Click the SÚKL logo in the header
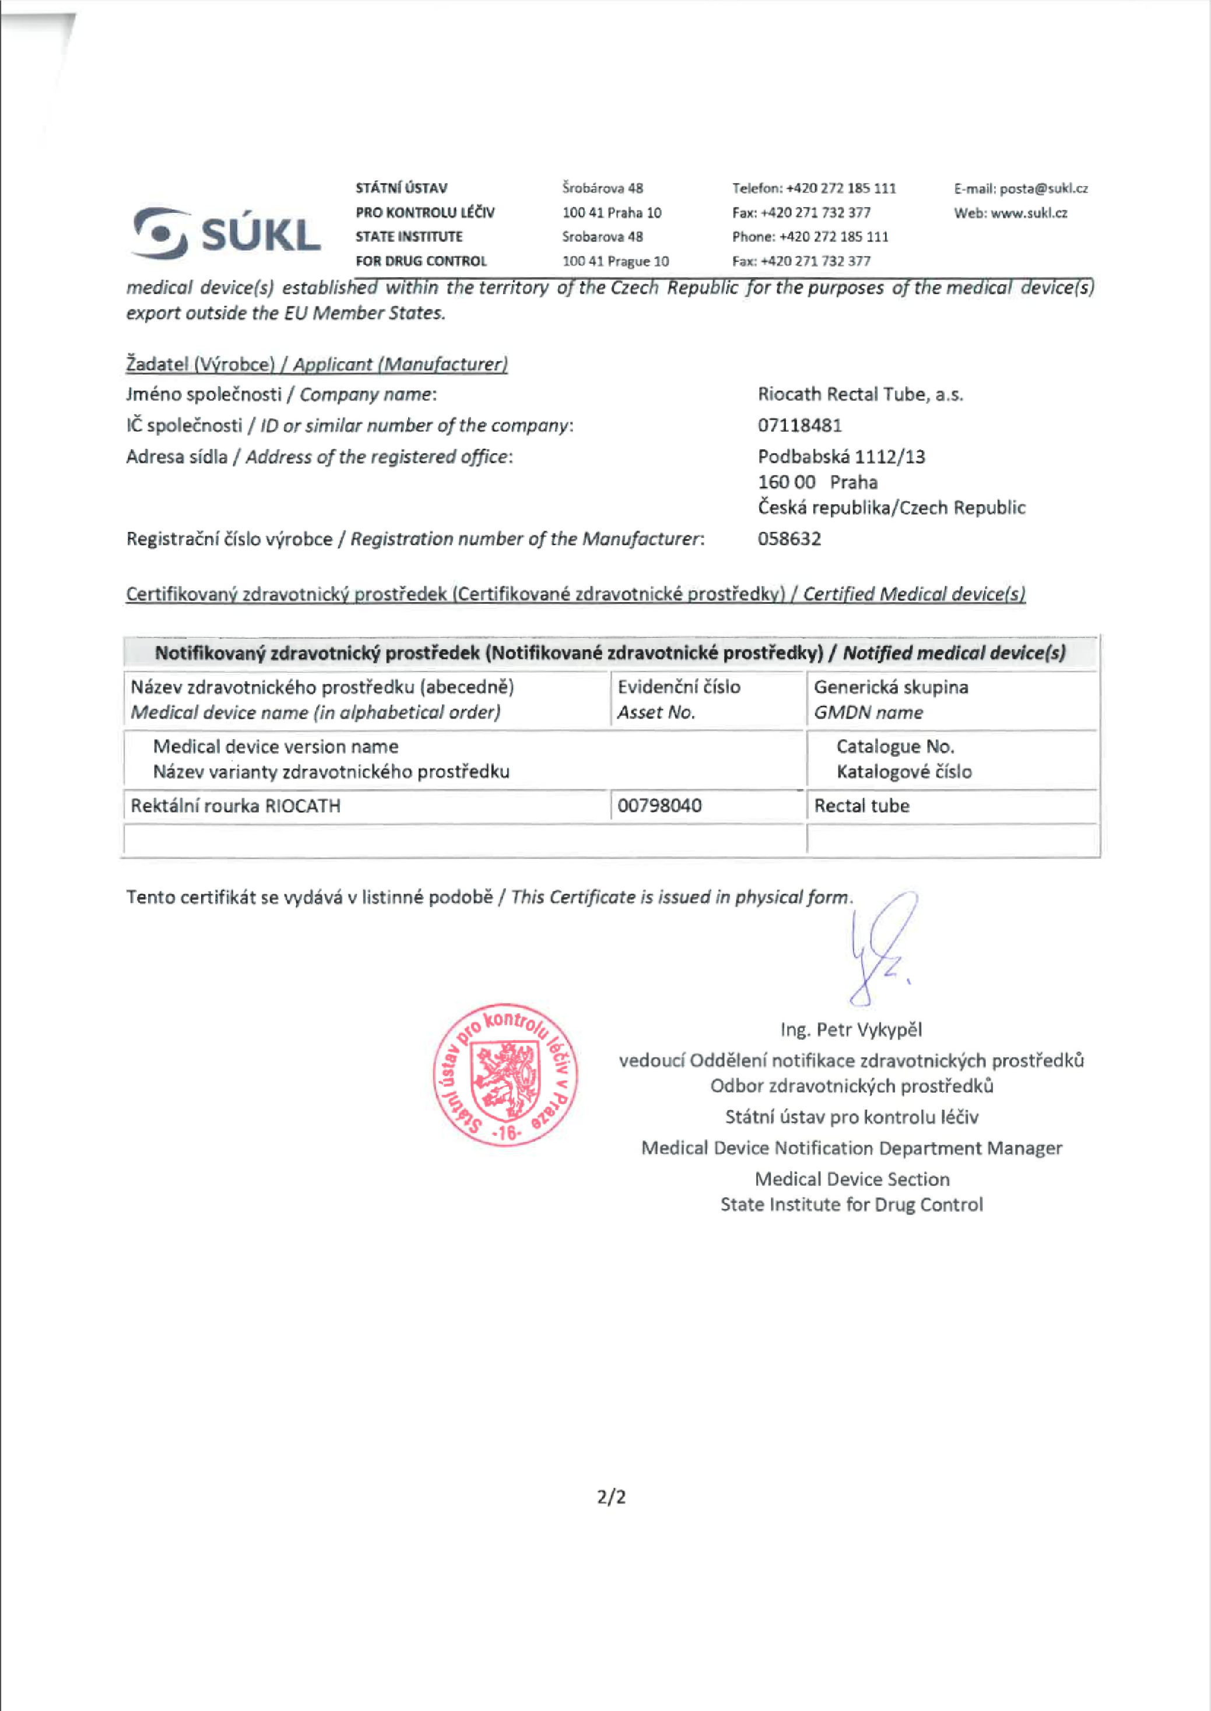(227, 233)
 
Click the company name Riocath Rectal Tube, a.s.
(860, 394)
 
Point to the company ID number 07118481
(799, 426)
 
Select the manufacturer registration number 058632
(789, 538)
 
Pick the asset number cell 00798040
(659, 806)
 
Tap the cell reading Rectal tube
(861, 806)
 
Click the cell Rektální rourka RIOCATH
(236, 806)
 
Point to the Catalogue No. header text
(895, 747)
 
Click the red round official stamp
(506, 1074)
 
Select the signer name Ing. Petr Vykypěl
(851, 1030)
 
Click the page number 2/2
(610, 1497)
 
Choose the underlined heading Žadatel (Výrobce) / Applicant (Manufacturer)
(317, 365)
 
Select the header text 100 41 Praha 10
(612, 214)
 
